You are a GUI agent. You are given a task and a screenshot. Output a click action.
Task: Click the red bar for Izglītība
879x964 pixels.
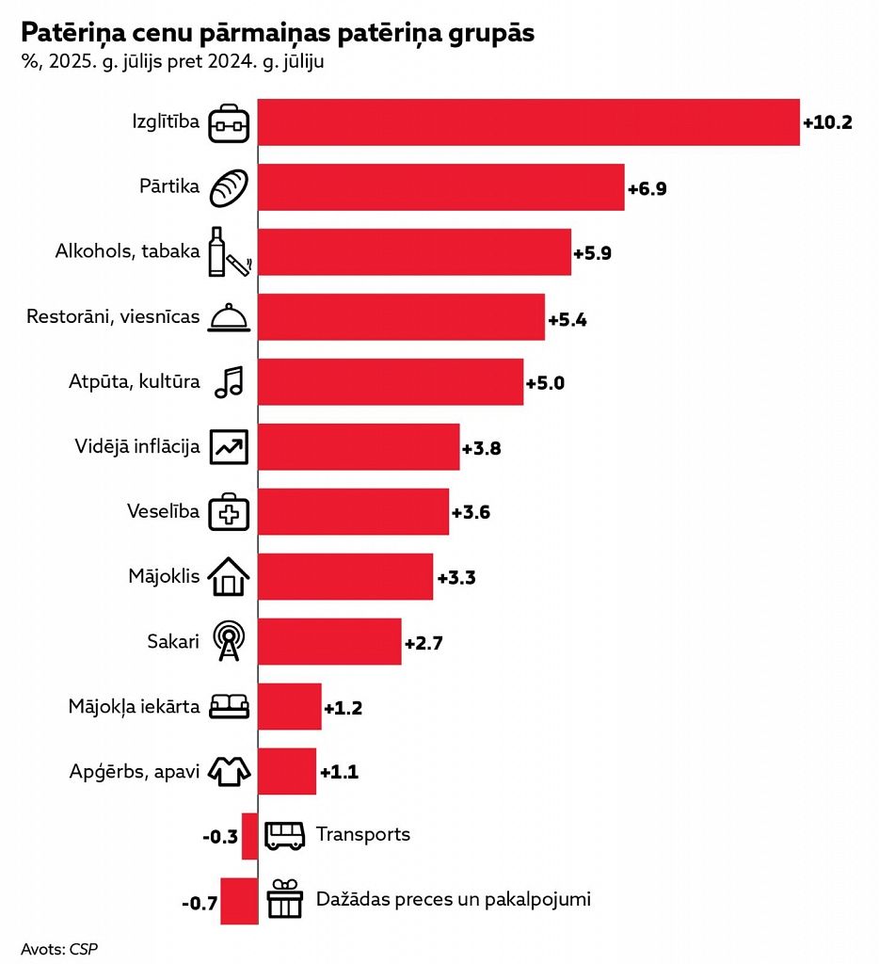coord(528,122)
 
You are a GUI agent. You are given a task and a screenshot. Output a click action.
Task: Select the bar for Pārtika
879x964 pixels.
coord(440,187)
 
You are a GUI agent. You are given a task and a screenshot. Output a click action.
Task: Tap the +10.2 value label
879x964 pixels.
coord(827,122)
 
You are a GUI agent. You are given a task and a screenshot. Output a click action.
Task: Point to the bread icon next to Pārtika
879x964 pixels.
coord(229,187)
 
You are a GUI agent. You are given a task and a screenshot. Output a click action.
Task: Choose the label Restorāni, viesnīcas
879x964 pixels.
coord(113,317)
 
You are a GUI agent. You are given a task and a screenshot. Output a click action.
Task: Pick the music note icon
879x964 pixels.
coord(229,381)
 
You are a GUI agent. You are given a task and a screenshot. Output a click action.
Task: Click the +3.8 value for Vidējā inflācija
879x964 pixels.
coord(482,448)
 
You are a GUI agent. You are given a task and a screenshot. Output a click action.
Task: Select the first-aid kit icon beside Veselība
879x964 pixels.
coord(229,512)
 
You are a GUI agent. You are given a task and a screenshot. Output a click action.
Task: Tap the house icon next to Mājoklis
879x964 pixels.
coord(229,576)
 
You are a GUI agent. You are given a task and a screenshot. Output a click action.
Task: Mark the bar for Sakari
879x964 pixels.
coord(329,642)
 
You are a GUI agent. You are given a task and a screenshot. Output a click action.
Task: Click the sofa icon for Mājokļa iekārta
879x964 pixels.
coord(229,706)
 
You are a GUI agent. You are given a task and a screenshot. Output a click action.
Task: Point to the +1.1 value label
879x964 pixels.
coord(339,772)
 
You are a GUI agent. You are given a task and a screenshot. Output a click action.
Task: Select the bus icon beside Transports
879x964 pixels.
coord(285,835)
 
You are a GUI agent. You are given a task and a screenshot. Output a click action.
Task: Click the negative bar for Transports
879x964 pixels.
coord(249,836)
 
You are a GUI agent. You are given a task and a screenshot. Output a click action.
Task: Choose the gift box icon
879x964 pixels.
coord(285,899)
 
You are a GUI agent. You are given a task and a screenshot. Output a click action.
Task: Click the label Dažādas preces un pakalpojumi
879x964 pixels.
coord(454,899)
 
